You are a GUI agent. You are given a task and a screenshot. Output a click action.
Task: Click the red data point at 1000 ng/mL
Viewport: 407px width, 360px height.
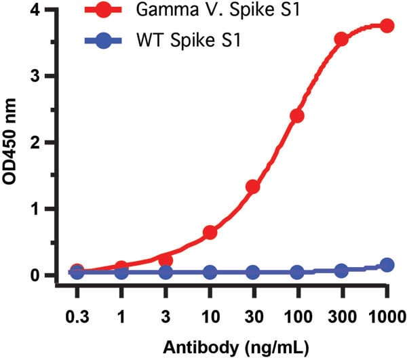pos(387,26)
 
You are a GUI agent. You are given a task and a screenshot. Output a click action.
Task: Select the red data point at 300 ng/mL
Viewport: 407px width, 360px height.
pos(342,39)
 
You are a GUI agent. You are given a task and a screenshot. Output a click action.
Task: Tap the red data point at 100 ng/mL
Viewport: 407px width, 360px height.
pos(297,116)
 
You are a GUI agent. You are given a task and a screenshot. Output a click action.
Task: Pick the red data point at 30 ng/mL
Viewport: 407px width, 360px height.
pos(253,186)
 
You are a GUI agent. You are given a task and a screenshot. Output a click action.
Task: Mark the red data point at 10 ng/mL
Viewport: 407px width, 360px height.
pos(210,233)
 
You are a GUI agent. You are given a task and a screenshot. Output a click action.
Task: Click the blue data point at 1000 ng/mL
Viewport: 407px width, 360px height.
pos(387,265)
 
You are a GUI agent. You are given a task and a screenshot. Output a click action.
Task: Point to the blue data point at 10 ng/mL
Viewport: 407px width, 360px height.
pos(210,273)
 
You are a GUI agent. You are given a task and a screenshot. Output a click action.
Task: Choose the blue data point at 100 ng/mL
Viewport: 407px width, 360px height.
pos(297,273)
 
